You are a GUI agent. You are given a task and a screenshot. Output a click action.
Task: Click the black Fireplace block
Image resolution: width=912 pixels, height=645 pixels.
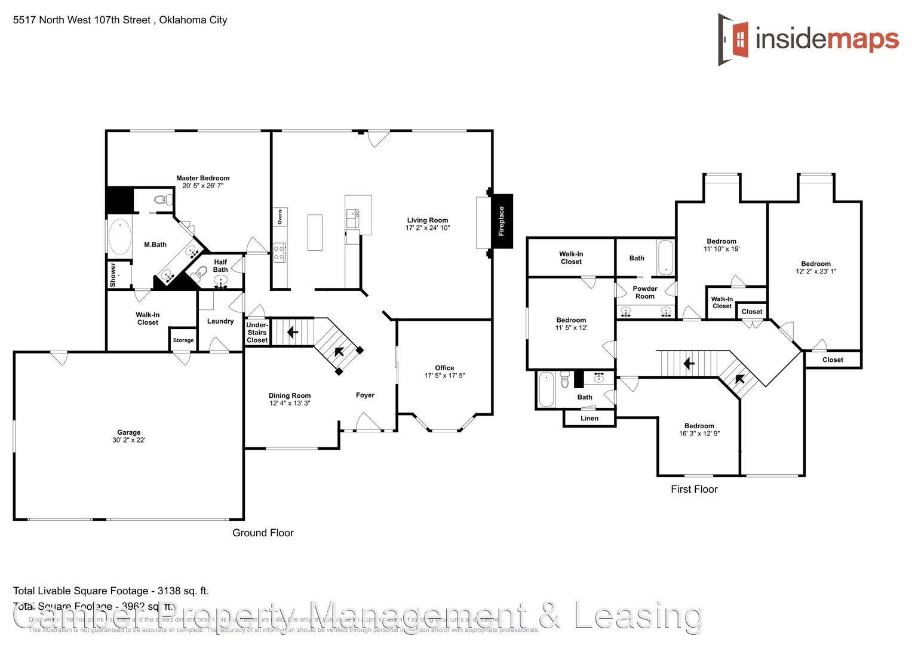tap(501, 221)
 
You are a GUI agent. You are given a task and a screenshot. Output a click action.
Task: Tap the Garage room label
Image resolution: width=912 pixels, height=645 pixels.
tap(129, 432)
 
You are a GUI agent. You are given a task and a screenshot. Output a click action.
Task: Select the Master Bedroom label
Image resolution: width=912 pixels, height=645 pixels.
tap(202, 178)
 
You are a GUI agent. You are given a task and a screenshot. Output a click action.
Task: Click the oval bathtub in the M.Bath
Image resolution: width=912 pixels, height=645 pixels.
tap(119, 237)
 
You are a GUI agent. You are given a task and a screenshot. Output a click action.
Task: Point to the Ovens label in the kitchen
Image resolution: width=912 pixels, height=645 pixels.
tap(280, 217)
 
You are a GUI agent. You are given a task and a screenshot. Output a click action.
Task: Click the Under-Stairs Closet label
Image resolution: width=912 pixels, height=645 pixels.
tap(257, 333)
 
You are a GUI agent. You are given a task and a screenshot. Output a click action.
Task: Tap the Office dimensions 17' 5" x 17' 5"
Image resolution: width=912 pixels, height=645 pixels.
tap(444, 376)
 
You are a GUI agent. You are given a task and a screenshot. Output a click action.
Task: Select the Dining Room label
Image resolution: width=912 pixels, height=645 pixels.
tap(290, 395)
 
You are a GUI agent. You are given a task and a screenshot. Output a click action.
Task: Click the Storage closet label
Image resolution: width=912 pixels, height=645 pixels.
tap(183, 340)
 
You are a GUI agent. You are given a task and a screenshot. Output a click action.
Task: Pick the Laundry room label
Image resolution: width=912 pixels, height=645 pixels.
tap(220, 321)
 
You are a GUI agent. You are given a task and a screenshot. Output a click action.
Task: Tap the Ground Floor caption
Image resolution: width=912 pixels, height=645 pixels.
tap(263, 533)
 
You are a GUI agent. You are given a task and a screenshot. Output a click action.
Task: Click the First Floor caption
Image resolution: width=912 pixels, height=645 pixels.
tap(694, 489)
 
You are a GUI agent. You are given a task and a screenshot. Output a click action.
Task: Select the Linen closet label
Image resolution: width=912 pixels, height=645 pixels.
tap(589, 418)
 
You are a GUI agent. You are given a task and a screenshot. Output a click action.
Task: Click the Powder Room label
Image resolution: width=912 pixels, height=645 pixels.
tap(644, 292)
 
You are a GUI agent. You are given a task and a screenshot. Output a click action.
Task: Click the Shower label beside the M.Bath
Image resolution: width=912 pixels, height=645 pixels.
tap(113, 275)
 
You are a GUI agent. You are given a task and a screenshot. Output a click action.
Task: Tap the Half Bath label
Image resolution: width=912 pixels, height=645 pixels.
tap(220, 266)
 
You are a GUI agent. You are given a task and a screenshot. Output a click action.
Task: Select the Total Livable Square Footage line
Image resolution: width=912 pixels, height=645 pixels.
tap(111, 591)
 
